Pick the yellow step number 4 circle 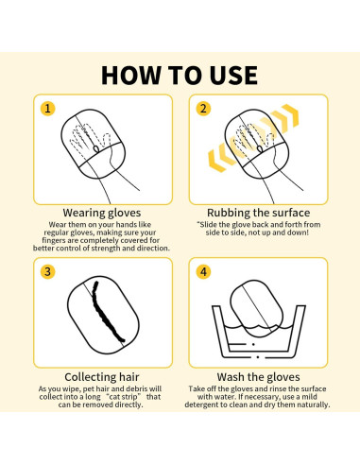coord(202,271)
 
